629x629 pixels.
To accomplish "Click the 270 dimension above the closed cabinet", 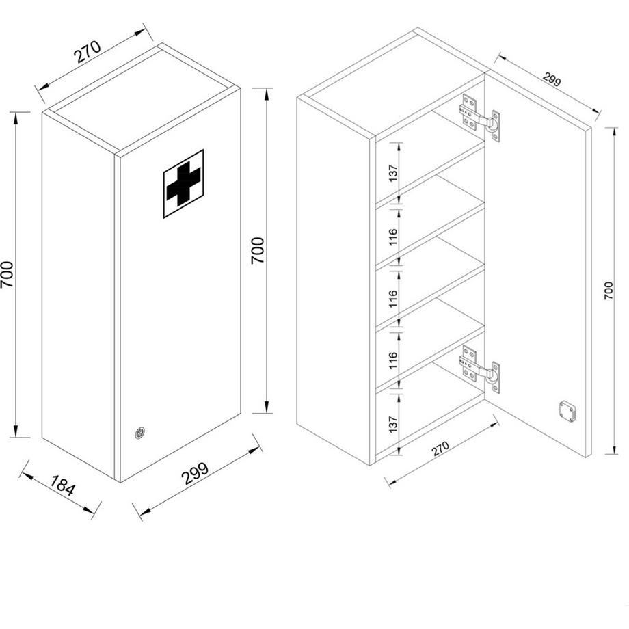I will (x=88, y=52).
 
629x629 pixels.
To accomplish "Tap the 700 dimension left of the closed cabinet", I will (x=8, y=274).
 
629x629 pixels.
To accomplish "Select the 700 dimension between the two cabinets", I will (x=258, y=250).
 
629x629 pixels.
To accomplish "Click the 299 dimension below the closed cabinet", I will (x=196, y=474).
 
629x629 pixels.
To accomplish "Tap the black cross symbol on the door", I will (x=183, y=183).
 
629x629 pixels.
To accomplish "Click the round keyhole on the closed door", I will (x=140, y=432).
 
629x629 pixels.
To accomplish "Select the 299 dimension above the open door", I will (x=552, y=79).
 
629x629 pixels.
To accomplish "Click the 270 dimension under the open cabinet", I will (x=440, y=449).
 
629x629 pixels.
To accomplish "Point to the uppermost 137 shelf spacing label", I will (x=392, y=173).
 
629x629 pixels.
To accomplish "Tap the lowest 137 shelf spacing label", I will (x=392, y=425).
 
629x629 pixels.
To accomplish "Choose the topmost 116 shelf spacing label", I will (x=392, y=237).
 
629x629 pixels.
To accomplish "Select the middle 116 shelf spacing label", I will (x=392, y=298).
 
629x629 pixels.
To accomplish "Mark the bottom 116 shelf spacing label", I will (x=392, y=360).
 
